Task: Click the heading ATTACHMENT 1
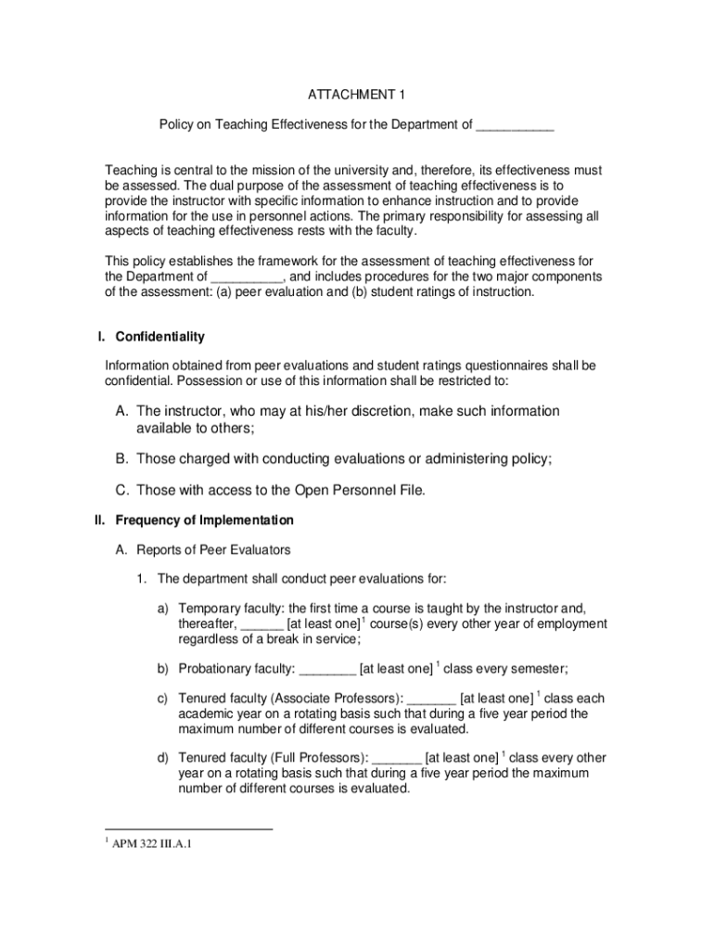coord(357,95)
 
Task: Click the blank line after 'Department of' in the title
coord(515,124)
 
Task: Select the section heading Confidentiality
coord(159,336)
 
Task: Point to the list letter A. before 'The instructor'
coord(121,411)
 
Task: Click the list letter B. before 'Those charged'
coord(121,458)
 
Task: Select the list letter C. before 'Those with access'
coord(121,490)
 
